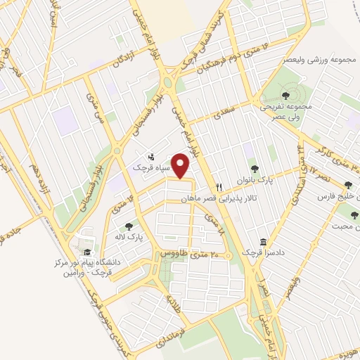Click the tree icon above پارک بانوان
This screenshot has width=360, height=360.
255,169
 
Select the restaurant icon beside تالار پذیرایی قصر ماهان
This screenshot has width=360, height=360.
219,188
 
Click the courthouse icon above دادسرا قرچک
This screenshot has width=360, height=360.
263,241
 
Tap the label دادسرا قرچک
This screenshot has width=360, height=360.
261,252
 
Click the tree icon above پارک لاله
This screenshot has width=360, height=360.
129,226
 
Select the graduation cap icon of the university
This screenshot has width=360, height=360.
86,252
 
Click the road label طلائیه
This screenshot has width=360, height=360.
173,303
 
